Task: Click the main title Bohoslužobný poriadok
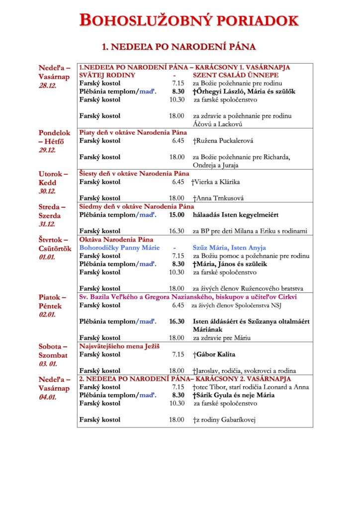point(189,20)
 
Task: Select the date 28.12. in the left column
point(48,85)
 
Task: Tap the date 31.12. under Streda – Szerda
point(48,225)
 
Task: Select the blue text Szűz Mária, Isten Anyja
point(229,248)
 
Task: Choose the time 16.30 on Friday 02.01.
point(177,322)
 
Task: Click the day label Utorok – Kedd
point(53,178)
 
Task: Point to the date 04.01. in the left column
point(48,397)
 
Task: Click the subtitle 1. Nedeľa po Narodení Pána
point(179,47)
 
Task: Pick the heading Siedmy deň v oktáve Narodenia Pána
point(137,206)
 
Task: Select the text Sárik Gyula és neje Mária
point(234,395)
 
